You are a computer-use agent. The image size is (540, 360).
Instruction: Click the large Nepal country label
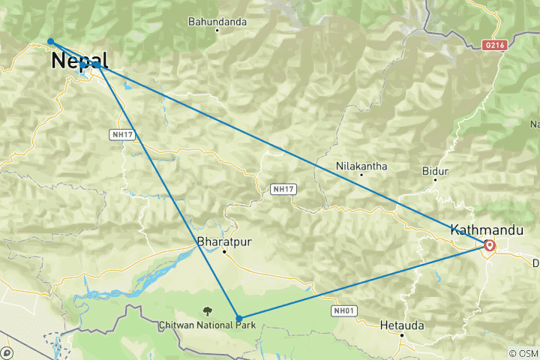[79, 61]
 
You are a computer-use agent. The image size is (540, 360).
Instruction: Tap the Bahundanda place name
[217, 22]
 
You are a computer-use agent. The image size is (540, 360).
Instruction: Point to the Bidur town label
[435, 172]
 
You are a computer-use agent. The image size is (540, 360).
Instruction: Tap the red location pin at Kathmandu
[489, 245]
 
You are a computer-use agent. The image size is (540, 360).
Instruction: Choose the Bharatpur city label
[222, 242]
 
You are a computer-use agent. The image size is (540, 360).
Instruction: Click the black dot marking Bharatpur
[224, 252]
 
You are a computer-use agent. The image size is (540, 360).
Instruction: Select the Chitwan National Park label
[207, 325]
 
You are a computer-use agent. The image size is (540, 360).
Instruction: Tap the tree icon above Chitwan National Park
[207, 310]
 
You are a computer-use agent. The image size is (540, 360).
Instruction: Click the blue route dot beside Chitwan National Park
[238, 318]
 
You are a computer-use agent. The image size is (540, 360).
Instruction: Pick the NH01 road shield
[339, 309]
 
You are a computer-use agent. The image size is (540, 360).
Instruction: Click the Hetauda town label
[402, 325]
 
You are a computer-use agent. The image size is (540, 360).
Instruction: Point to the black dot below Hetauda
[402, 335]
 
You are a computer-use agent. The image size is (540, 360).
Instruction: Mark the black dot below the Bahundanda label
[217, 31]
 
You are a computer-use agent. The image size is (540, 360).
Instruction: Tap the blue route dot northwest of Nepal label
[50, 41]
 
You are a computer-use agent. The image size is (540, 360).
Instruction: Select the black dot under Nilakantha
[361, 174]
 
